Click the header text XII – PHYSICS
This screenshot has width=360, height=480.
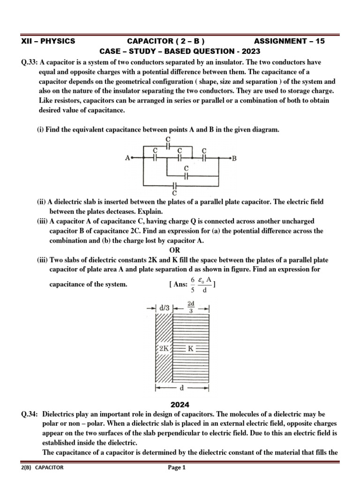click(x=48, y=41)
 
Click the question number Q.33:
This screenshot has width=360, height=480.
click(x=29, y=62)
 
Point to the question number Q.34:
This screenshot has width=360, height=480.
click(x=29, y=414)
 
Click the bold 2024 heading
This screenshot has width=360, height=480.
click(x=180, y=405)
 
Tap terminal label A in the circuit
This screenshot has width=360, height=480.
click(x=127, y=158)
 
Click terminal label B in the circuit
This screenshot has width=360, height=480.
click(x=234, y=158)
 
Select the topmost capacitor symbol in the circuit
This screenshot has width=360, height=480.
click(x=168, y=146)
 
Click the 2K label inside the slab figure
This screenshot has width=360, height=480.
click(x=165, y=348)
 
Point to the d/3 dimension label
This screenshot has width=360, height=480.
click(x=164, y=308)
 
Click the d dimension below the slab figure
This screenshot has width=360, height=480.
click(x=182, y=388)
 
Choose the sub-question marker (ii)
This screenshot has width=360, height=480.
click(x=42, y=202)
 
